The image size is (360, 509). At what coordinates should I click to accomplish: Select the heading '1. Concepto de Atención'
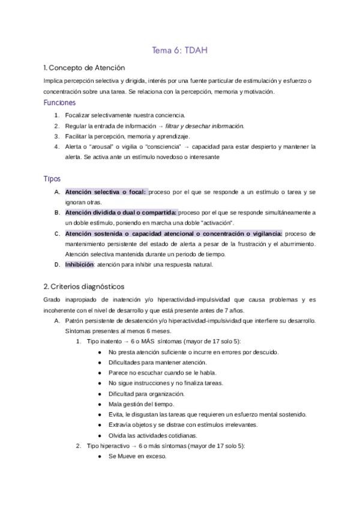[84, 67]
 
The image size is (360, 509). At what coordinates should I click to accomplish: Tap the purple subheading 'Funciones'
[59, 103]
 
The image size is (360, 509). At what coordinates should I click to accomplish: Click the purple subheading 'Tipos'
[52, 179]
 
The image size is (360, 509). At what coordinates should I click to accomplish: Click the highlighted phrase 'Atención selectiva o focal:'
[106, 191]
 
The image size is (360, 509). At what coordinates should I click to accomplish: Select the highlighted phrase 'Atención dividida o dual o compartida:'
[121, 212]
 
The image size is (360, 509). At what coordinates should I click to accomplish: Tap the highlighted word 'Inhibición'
[79, 264]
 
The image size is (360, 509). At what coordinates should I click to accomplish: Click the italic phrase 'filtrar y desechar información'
[208, 125]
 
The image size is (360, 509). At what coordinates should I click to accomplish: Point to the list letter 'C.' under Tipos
[57, 233]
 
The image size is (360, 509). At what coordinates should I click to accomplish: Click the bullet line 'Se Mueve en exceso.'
[137, 456]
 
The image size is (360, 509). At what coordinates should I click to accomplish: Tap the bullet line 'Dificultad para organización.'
[146, 394]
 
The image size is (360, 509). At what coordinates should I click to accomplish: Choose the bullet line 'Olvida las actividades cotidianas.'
[152, 435]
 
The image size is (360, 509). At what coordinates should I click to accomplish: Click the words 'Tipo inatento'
[106, 341]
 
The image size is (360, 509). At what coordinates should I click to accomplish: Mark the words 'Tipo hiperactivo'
[110, 446]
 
